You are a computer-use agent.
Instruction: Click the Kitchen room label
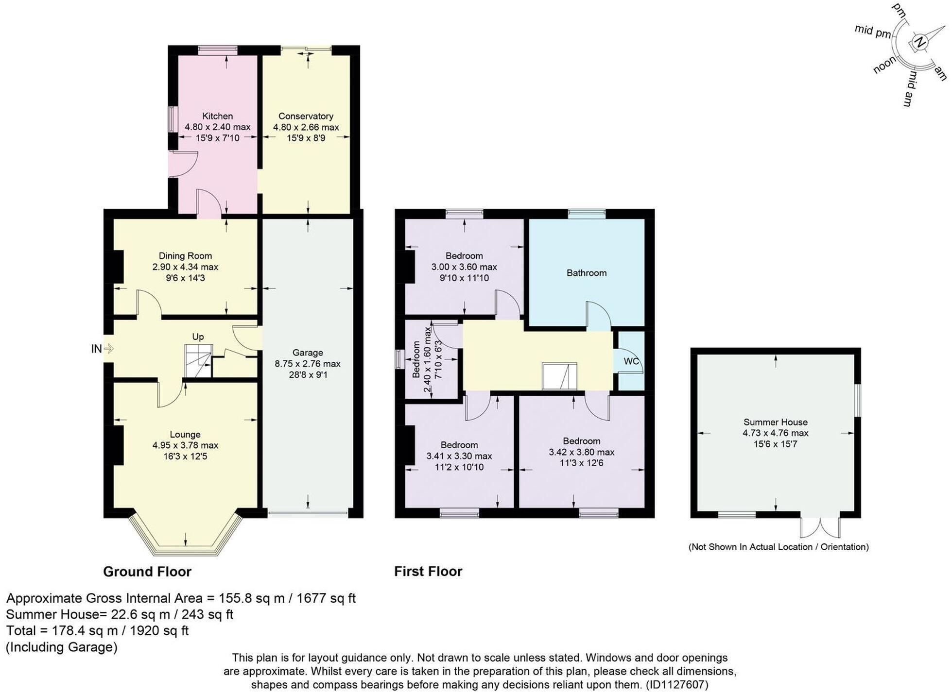pyautogui.click(x=217, y=116)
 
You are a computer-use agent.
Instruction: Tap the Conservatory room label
pyautogui.click(x=306, y=116)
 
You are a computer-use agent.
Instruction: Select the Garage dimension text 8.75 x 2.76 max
pyautogui.click(x=308, y=364)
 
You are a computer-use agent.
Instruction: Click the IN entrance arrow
pyautogui.click(x=108, y=348)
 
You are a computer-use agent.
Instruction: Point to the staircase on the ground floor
pyautogui.click(x=198, y=361)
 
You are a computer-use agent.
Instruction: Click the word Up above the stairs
pyautogui.click(x=198, y=337)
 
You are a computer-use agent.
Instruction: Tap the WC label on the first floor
pyautogui.click(x=631, y=361)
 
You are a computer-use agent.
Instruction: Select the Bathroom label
pyautogui.click(x=586, y=273)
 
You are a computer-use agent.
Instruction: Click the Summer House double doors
pyautogui.click(x=820, y=527)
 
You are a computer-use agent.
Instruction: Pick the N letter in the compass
pyautogui.click(x=919, y=42)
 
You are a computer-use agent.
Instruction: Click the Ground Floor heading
pyautogui.click(x=147, y=572)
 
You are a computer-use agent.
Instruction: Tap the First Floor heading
pyautogui.click(x=428, y=572)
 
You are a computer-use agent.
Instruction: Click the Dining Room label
pyautogui.click(x=185, y=256)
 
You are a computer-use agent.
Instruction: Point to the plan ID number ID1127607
pyautogui.click(x=676, y=685)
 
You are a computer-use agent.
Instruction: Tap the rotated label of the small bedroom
pyautogui.click(x=416, y=359)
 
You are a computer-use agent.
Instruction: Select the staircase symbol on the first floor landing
pyautogui.click(x=559, y=376)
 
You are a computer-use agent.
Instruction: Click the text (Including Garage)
pyautogui.click(x=62, y=647)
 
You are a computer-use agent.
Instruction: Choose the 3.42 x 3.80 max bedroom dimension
pyautogui.click(x=581, y=452)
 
